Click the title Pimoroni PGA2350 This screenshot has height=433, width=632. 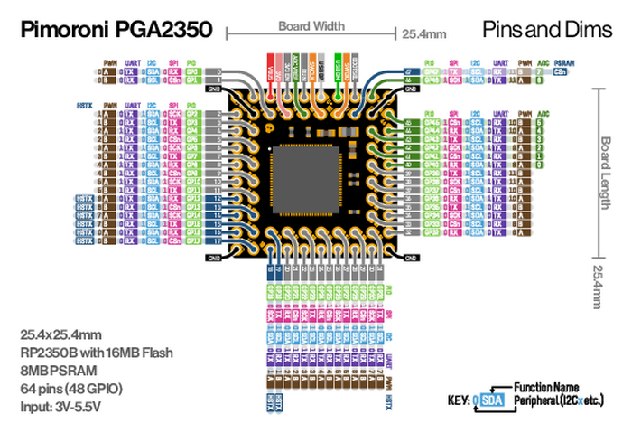(116, 31)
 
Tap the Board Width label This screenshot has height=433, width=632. (305, 27)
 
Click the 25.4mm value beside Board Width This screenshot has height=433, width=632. (423, 34)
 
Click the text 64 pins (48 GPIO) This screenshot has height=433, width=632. (72, 388)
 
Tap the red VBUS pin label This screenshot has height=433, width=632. (271, 69)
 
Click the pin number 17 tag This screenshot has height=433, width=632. (218, 241)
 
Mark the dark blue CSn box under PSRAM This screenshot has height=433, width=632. (561, 70)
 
